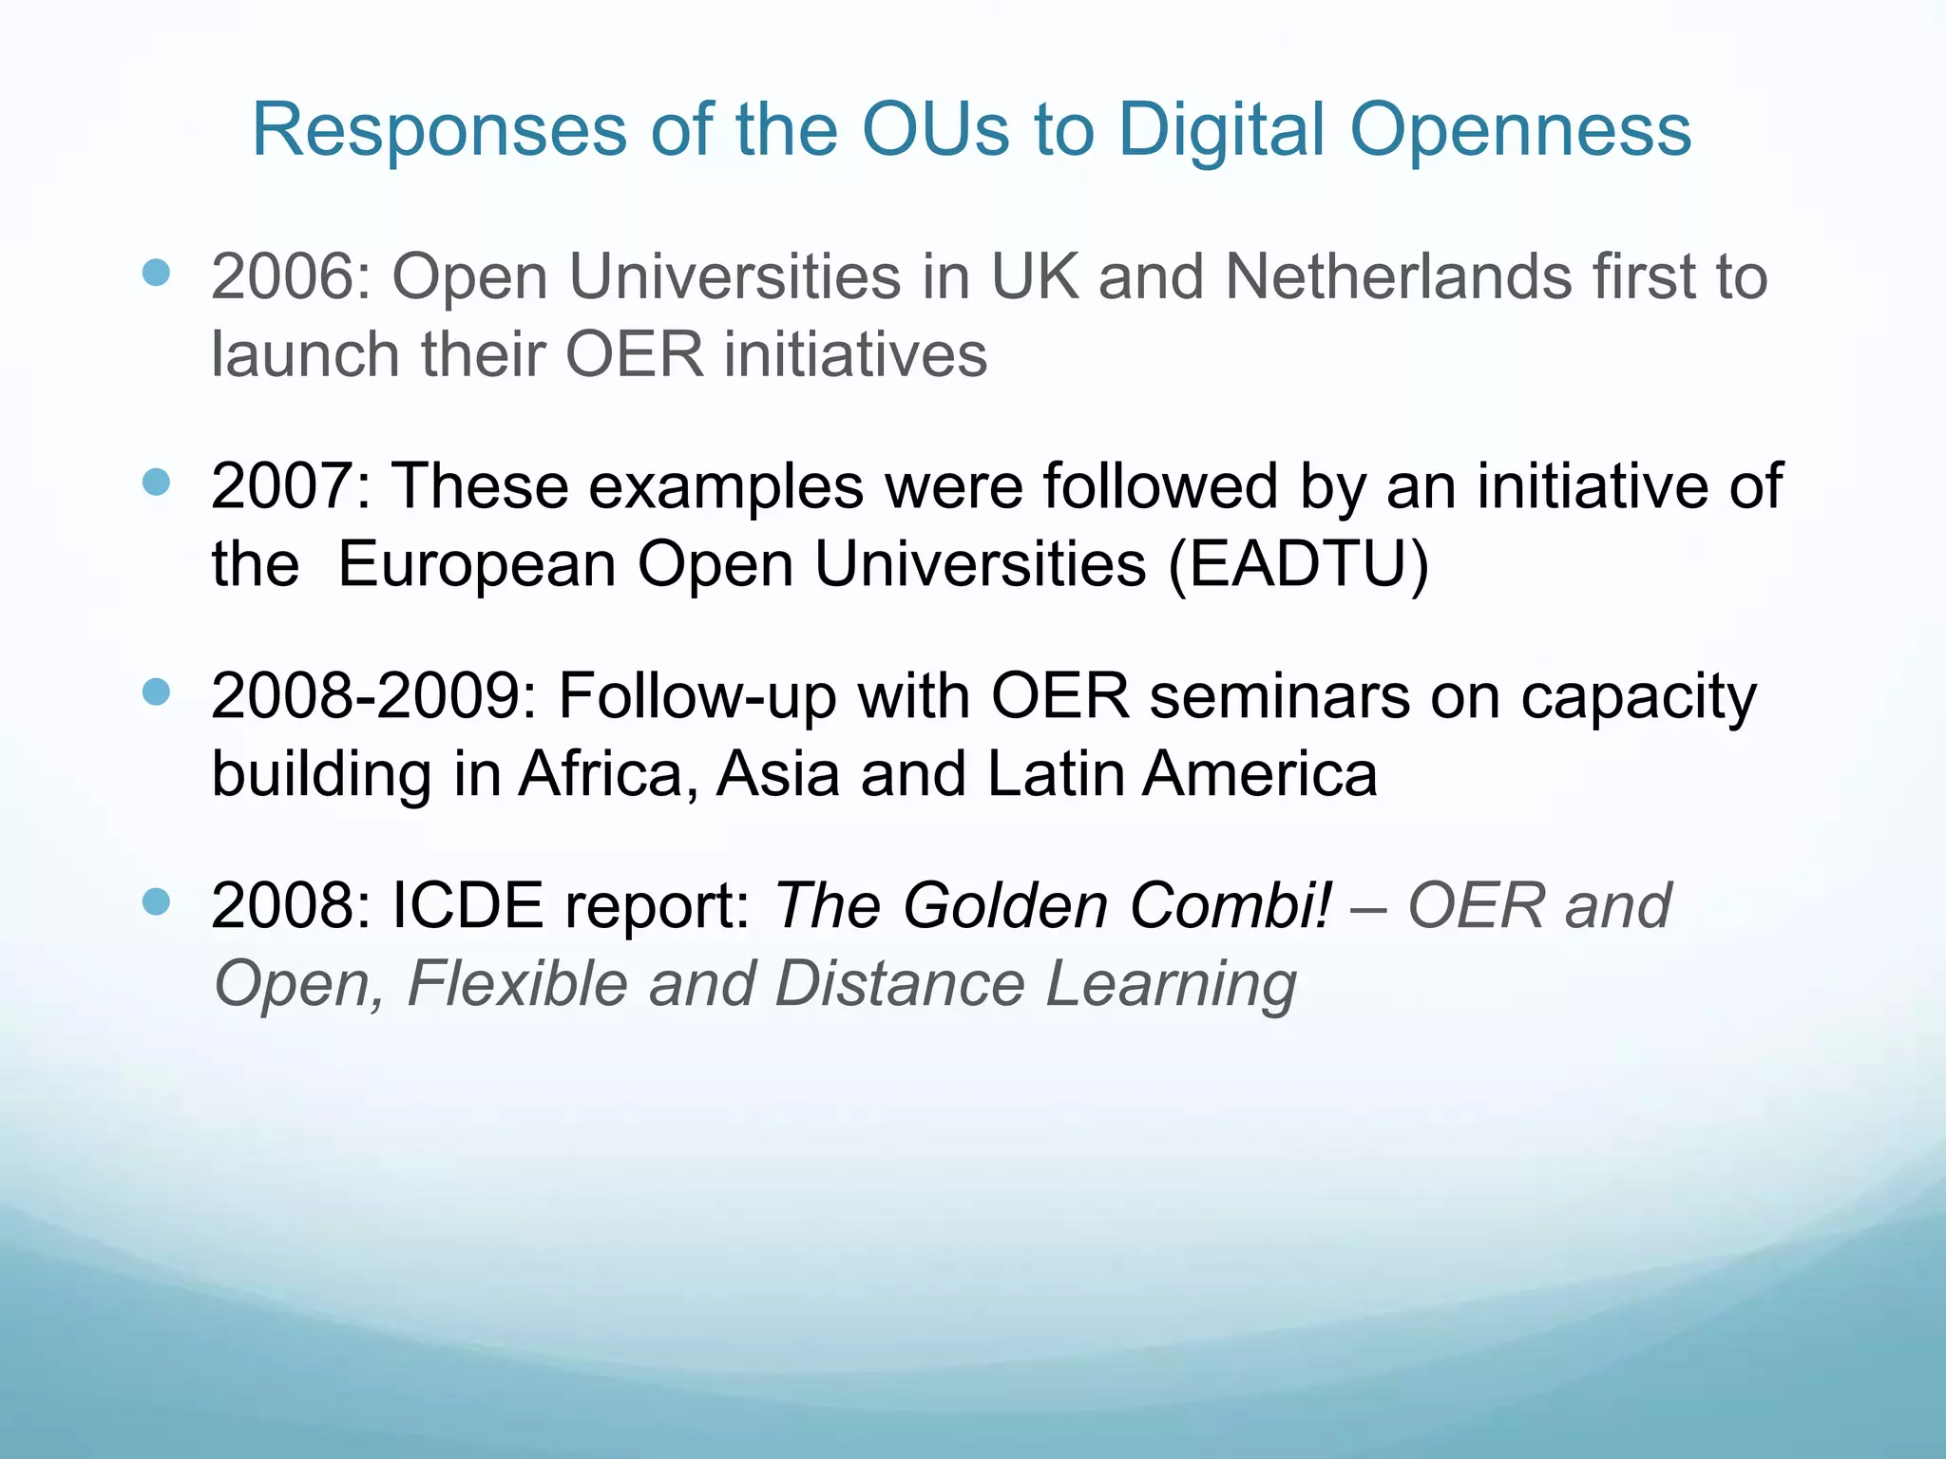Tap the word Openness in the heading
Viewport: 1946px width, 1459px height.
1520,130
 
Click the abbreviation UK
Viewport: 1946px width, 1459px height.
1035,277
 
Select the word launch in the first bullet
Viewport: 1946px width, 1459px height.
306,355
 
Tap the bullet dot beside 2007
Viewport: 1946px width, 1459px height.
156,482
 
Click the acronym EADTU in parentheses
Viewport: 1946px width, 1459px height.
1298,564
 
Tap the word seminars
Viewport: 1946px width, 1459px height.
1279,696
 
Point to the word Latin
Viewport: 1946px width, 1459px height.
1054,774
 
